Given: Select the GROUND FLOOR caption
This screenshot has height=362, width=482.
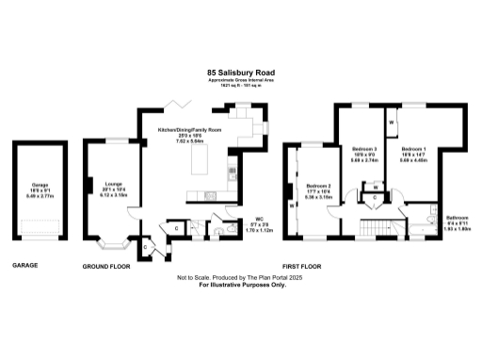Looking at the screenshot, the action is point(104,266).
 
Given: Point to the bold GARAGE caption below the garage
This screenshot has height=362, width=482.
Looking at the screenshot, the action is point(25,266).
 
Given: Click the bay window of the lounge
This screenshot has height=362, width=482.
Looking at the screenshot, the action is point(112,246).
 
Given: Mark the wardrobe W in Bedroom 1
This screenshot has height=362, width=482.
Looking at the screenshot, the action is point(391,123).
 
